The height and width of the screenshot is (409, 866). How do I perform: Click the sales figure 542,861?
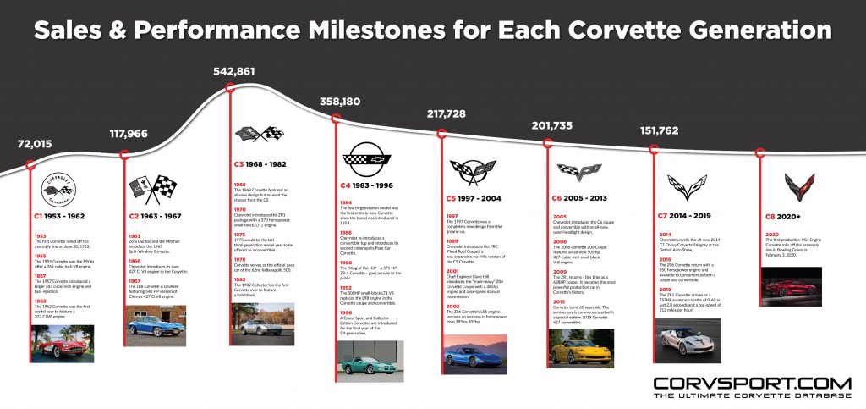pos(233,71)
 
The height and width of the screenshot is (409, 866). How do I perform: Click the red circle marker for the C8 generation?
pos(759,153)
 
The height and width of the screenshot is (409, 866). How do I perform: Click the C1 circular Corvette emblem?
pos(58,187)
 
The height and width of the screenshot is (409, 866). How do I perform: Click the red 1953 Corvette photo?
pos(58,345)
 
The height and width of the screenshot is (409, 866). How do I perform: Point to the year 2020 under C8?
pos(770,235)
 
